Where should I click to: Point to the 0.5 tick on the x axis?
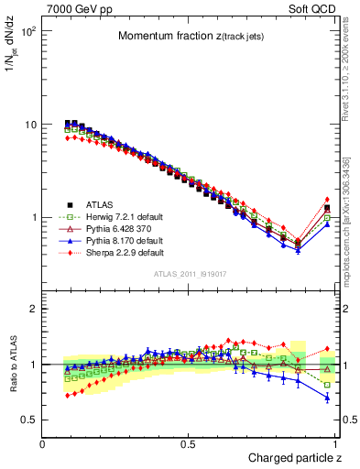click(x=190, y=443)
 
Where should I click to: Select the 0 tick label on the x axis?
click(x=43, y=443)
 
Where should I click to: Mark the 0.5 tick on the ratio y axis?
click(x=29, y=420)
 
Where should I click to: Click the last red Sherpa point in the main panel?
click(x=327, y=200)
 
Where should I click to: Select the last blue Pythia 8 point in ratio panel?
click(x=327, y=398)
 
